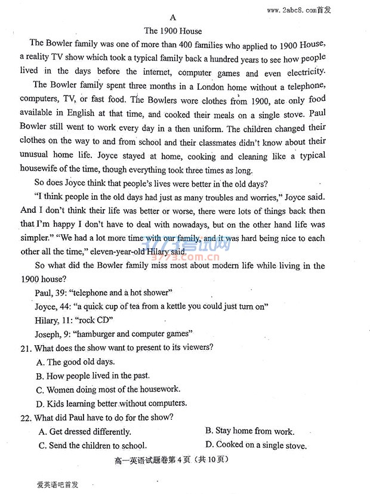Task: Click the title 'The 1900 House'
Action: [173, 31]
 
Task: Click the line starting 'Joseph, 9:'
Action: [113, 333]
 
